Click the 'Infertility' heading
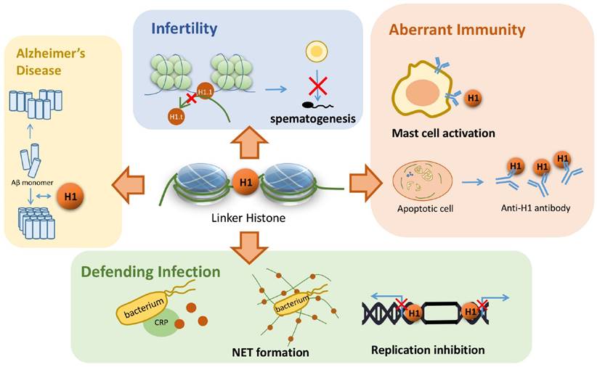coord(184,30)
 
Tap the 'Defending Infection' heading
coord(150,272)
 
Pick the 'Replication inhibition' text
coord(428,350)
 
